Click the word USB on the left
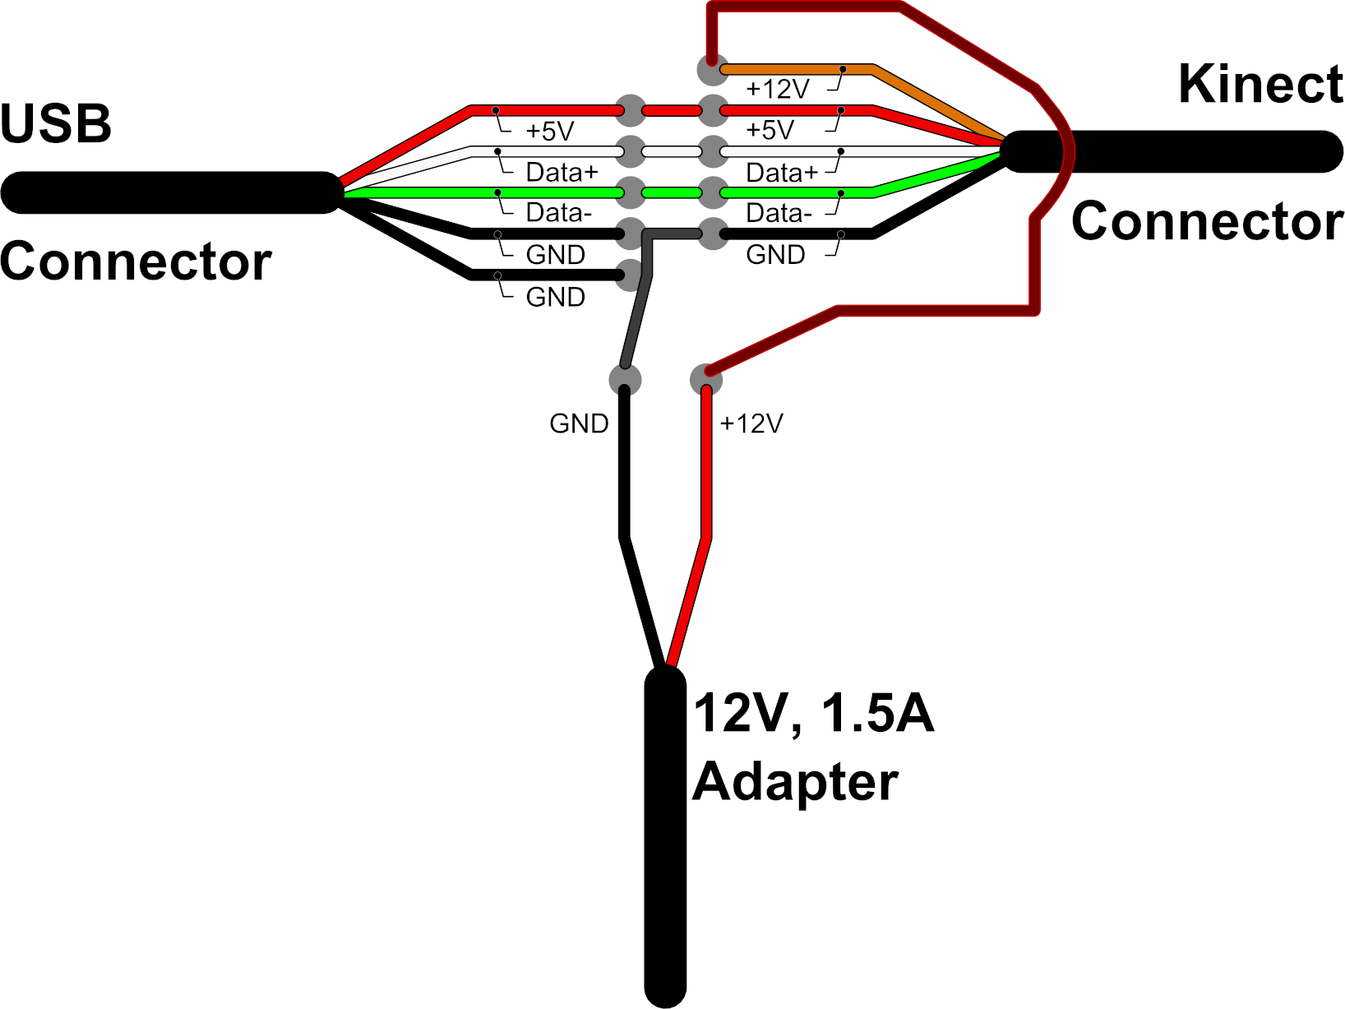(56, 125)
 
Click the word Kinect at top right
(1260, 85)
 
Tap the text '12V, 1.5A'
(814, 713)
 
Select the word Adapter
(795, 781)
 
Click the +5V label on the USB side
(549, 132)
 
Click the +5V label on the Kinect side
(770, 130)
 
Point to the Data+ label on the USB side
(562, 173)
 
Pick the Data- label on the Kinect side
(779, 214)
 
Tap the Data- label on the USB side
(558, 213)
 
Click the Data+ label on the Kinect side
(782, 173)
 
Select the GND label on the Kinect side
(775, 255)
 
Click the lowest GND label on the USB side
(555, 297)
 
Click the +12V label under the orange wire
(777, 89)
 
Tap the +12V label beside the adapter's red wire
(751, 424)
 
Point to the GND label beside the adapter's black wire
(579, 424)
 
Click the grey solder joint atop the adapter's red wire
(706, 380)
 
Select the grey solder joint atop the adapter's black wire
(625, 380)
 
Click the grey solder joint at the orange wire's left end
(712, 70)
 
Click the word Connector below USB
(136, 262)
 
